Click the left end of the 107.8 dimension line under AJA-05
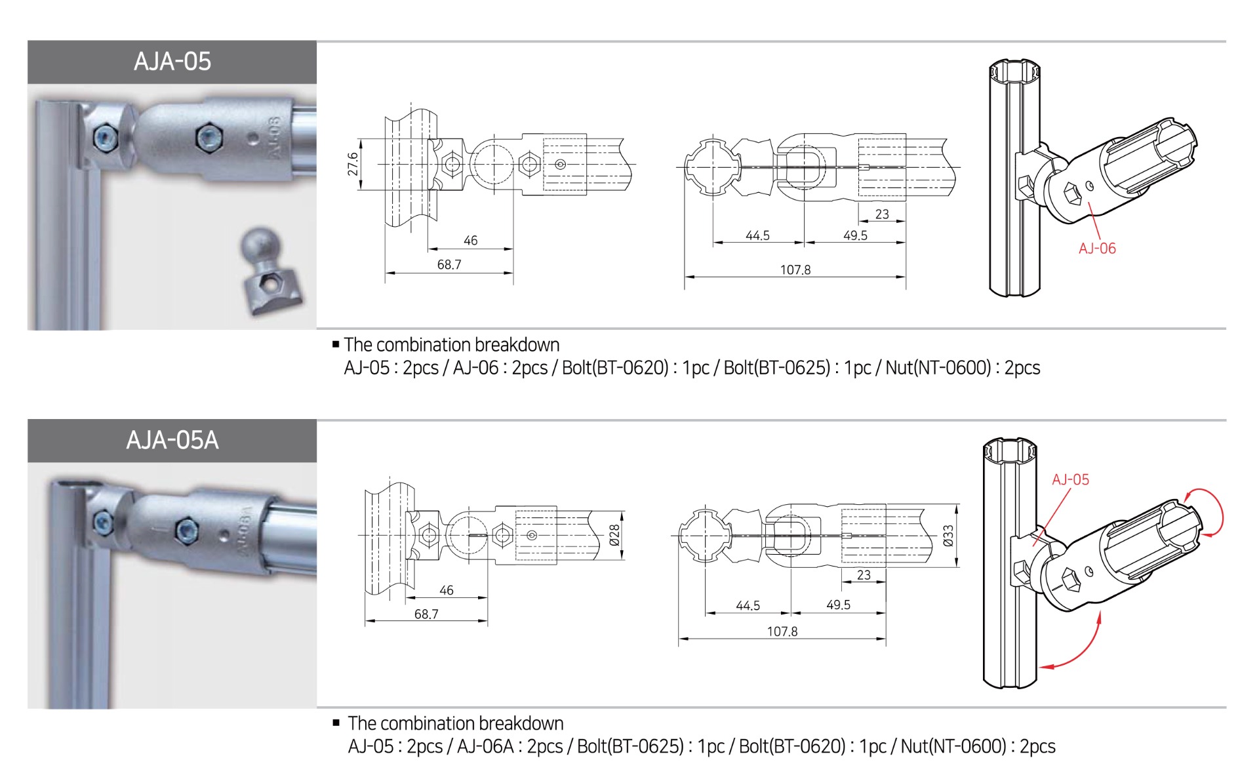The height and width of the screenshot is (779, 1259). click(x=685, y=277)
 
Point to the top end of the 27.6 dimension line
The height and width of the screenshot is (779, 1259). click(x=360, y=139)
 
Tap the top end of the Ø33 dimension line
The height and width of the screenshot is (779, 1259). click(x=957, y=504)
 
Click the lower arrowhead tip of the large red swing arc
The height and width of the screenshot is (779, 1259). click(x=1040, y=668)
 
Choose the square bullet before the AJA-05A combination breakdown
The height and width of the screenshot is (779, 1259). click(x=336, y=723)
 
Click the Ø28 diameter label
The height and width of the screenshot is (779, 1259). click(x=614, y=535)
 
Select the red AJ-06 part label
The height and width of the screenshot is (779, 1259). click(x=1097, y=249)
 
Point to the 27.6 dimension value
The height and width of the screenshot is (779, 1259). click(x=353, y=164)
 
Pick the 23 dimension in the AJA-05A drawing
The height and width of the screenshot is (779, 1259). click(x=864, y=575)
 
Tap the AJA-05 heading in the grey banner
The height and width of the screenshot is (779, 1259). click(x=172, y=62)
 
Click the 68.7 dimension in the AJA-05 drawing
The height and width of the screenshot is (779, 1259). click(x=449, y=265)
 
